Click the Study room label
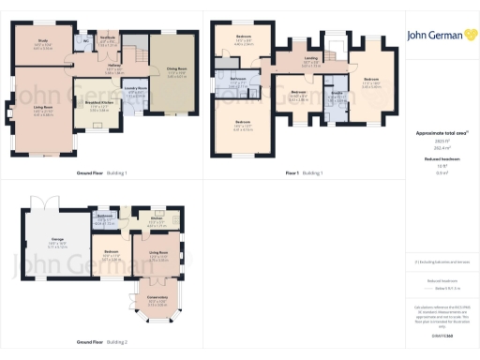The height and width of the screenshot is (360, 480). (x=43, y=40)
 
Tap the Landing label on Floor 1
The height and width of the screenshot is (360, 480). (x=310, y=59)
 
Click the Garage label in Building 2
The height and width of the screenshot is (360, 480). (x=56, y=240)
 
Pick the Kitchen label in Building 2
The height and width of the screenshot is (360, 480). (x=157, y=221)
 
